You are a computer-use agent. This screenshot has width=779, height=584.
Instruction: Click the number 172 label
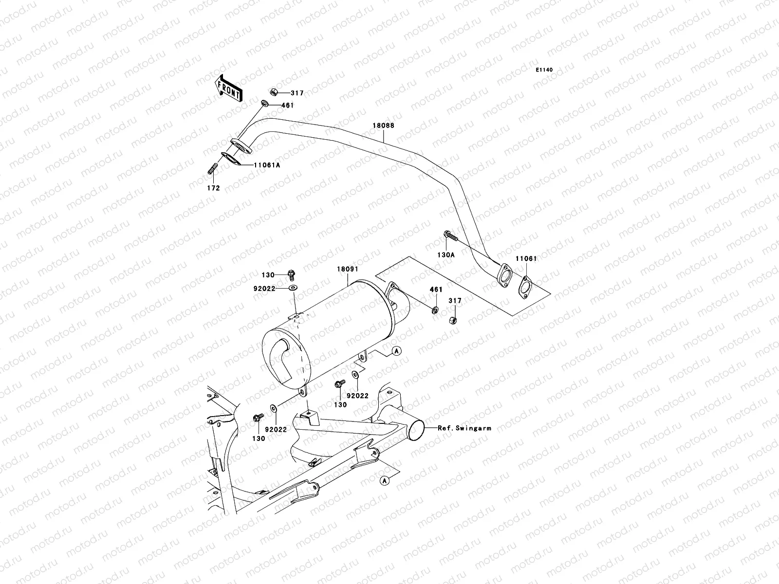[213, 188]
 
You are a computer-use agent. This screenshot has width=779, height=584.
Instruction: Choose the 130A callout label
[445, 254]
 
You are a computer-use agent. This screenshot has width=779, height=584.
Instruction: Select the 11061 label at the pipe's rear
[526, 259]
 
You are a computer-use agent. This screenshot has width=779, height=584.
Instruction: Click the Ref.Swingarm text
[464, 428]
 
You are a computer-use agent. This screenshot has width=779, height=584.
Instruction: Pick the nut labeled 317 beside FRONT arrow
[274, 91]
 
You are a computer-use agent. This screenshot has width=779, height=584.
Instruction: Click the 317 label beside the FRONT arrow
[297, 93]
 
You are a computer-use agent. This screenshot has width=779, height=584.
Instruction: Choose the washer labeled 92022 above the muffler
[293, 289]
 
